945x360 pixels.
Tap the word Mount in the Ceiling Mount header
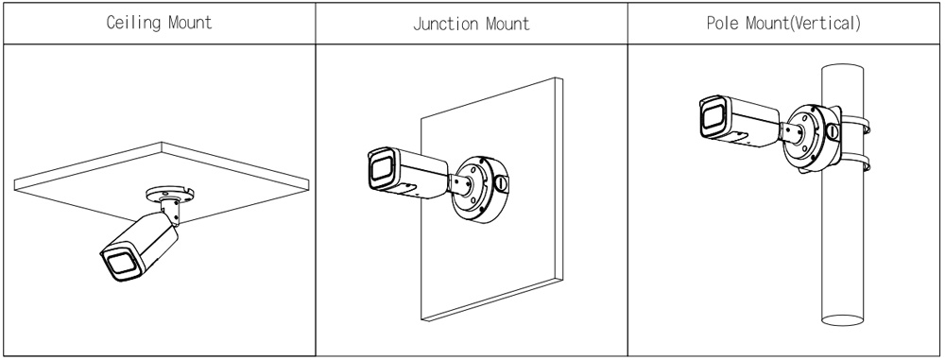(x=191, y=23)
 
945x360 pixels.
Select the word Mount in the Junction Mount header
(x=508, y=24)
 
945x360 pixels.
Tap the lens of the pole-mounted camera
(x=713, y=116)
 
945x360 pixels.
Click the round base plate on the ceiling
(x=170, y=194)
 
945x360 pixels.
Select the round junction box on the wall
(x=481, y=189)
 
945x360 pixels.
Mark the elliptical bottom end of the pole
(x=842, y=319)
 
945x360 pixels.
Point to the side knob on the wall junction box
(x=500, y=181)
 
